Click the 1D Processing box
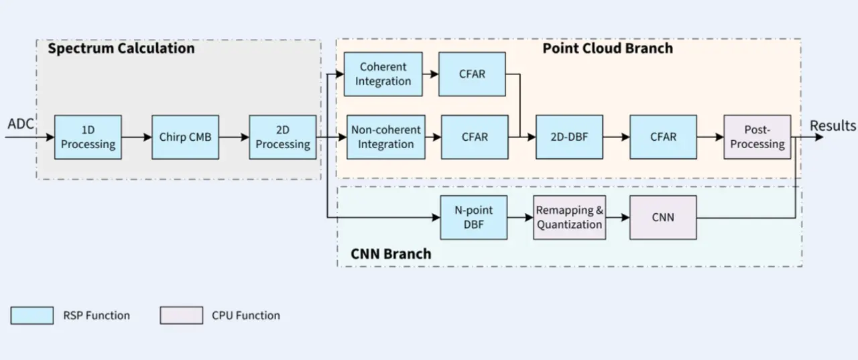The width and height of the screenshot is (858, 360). [x=88, y=137]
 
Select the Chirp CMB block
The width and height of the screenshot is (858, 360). [x=185, y=137]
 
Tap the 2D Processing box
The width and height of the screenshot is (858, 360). [x=282, y=137]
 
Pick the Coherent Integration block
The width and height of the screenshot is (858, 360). [x=383, y=74]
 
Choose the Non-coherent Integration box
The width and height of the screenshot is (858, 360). [x=385, y=137]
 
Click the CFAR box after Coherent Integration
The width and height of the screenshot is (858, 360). [x=472, y=74]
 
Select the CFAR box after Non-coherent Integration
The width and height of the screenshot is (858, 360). [x=474, y=137]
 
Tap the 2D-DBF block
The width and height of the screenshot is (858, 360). [x=569, y=137]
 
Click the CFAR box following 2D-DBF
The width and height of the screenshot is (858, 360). [x=663, y=137]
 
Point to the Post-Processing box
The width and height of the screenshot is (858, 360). [x=757, y=137]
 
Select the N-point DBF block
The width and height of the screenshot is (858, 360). [x=473, y=217]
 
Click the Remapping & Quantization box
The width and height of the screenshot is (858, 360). [x=569, y=217]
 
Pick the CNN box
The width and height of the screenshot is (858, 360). [x=663, y=217]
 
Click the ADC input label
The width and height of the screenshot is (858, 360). [x=21, y=124]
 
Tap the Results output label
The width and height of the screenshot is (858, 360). [x=833, y=125]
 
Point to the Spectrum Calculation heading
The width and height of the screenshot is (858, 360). [x=121, y=48]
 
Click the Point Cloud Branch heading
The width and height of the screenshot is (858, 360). [x=607, y=48]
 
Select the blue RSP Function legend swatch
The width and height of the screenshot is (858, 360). [x=32, y=315]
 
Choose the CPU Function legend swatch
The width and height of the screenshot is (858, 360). [x=181, y=315]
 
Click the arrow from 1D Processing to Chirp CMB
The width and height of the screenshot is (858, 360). [x=137, y=137]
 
